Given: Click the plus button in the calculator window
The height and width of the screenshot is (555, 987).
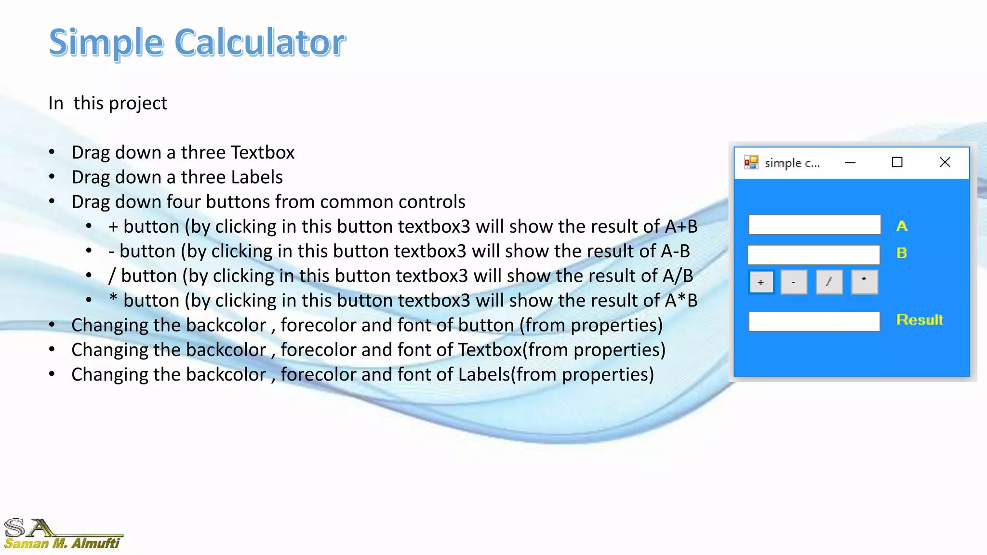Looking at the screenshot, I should (x=761, y=282).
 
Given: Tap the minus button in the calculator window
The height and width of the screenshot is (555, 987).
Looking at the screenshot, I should (x=794, y=282).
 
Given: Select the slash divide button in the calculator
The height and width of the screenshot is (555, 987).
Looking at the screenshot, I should (x=829, y=282).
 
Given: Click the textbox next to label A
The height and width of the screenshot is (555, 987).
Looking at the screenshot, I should (x=814, y=225).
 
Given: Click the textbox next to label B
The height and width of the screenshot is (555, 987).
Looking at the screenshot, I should (x=814, y=254).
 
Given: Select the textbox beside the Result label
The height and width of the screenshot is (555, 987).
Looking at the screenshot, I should (x=814, y=321).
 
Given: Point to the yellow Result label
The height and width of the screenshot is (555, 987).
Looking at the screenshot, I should (x=920, y=320).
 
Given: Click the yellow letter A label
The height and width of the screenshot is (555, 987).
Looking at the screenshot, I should (x=902, y=226).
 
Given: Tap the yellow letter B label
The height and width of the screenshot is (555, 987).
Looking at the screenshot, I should (x=902, y=253).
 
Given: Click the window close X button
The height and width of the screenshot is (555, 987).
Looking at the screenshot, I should (x=945, y=162).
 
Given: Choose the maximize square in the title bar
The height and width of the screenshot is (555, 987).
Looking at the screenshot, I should (x=897, y=162).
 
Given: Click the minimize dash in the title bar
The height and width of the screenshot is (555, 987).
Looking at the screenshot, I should (x=850, y=163).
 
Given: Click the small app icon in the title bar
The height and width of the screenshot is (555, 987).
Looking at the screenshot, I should (x=751, y=162).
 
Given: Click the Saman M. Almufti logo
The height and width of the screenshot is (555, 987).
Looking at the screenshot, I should (x=62, y=534).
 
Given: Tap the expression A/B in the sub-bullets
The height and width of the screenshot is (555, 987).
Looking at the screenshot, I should (x=678, y=276).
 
